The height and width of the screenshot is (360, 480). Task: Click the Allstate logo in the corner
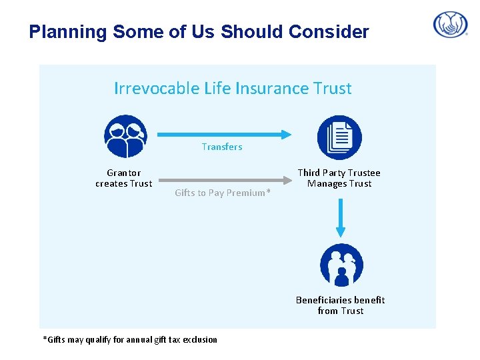click(x=451, y=25)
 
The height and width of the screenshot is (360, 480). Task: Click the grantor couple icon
click(x=125, y=136)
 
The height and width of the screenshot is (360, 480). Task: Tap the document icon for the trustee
click(x=339, y=137)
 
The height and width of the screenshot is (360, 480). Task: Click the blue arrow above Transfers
click(x=224, y=134)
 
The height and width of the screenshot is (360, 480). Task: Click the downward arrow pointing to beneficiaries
click(x=341, y=218)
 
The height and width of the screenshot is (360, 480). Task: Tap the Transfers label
click(x=222, y=147)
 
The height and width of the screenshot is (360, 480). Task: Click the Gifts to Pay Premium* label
click(x=223, y=193)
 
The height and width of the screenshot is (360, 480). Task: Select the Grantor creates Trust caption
click(x=124, y=178)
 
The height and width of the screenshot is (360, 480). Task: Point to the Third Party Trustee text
click(x=339, y=173)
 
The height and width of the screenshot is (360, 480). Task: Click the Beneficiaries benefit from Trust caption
click(x=340, y=305)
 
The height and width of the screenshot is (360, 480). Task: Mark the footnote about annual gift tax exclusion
click(x=130, y=339)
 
